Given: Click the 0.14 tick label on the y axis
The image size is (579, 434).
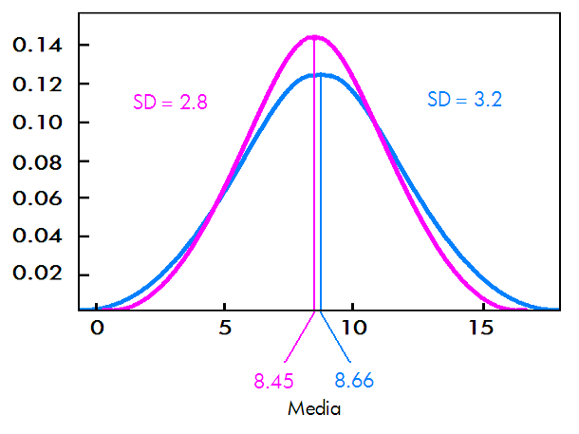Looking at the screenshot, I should pos(39,46).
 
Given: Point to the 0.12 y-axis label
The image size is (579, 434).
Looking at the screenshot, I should pos(39,85).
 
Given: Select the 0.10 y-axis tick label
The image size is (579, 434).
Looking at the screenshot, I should pos(39,123).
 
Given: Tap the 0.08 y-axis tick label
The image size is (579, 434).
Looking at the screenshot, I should pos(39,160).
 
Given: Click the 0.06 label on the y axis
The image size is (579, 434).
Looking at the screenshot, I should pos(39,198).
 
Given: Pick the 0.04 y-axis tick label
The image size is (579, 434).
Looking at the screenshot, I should pos(39,236).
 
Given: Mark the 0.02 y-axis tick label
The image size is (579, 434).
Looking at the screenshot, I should pos(39,274).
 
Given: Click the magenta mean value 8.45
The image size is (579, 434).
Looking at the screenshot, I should pos(273,382).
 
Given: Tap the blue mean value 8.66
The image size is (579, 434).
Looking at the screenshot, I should pos(354,382).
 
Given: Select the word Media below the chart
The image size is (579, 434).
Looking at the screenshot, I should pos(314,409).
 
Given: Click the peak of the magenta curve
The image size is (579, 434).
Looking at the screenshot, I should pos(313,37).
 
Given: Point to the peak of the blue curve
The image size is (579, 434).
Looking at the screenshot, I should pos(321,74).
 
